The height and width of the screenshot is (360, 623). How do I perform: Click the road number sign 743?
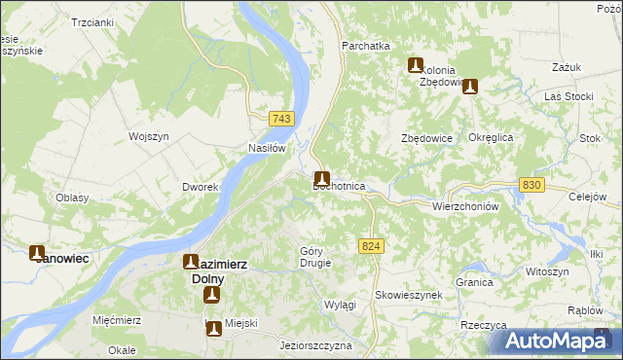click(281, 119)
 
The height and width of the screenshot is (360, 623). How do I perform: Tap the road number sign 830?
click(531, 185)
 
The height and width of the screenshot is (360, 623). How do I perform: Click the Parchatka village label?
click(365, 46)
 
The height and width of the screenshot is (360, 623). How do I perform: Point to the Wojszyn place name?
click(150, 136)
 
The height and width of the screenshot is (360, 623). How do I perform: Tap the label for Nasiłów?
click(265, 149)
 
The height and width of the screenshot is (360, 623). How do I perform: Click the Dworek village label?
click(199, 187)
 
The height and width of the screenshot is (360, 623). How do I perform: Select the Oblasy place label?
click(72, 198)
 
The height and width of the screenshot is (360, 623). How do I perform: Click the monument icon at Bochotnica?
click(321, 179)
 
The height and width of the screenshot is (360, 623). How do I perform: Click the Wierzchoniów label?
click(464, 206)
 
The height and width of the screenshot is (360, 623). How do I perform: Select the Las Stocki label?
click(568, 96)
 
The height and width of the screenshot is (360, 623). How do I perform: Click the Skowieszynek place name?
click(409, 294)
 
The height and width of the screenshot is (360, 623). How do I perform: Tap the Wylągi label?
click(340, 305)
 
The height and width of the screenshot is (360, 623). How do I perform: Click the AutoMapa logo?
click(557, 341)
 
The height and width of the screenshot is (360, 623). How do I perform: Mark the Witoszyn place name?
click(544, 271)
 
